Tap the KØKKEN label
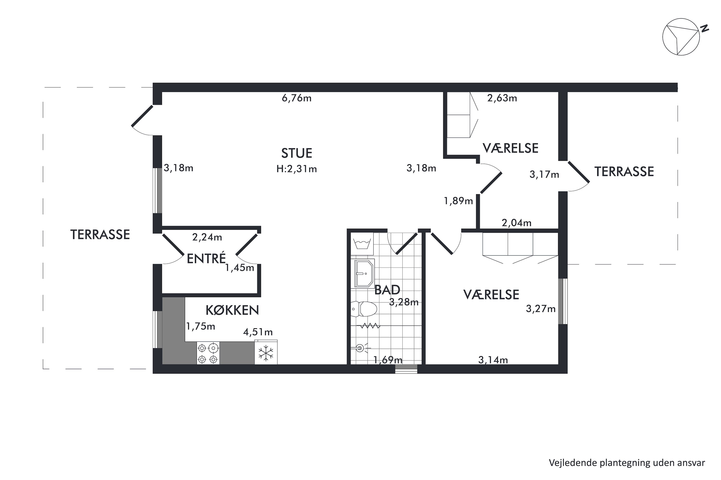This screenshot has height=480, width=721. point(232,310)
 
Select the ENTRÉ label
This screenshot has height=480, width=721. point(206,259)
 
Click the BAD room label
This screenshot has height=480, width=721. point(387,290)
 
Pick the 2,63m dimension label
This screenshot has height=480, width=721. point(502,98)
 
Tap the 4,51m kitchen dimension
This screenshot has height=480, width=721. point(258,332)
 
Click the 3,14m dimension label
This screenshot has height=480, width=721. point(493,360)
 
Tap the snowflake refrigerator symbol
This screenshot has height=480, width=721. point(266,353)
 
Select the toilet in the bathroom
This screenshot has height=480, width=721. point(364,309)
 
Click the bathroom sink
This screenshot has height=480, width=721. point(364,273)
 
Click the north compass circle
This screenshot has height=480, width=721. point(681,37)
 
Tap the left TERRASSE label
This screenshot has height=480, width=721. point(100,234)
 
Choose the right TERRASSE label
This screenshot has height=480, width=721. point(624,172)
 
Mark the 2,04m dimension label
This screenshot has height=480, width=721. point(516,223)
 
